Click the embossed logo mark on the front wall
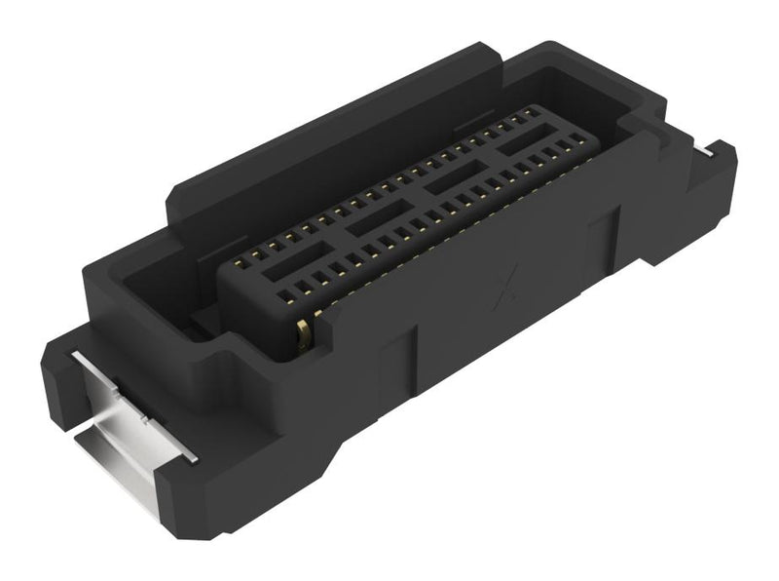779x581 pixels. (x=506, y=290)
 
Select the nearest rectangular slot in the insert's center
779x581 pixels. (x=283, y=266)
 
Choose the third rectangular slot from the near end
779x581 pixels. (x=453, y=182)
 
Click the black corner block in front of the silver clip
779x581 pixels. (x=195, y=497)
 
